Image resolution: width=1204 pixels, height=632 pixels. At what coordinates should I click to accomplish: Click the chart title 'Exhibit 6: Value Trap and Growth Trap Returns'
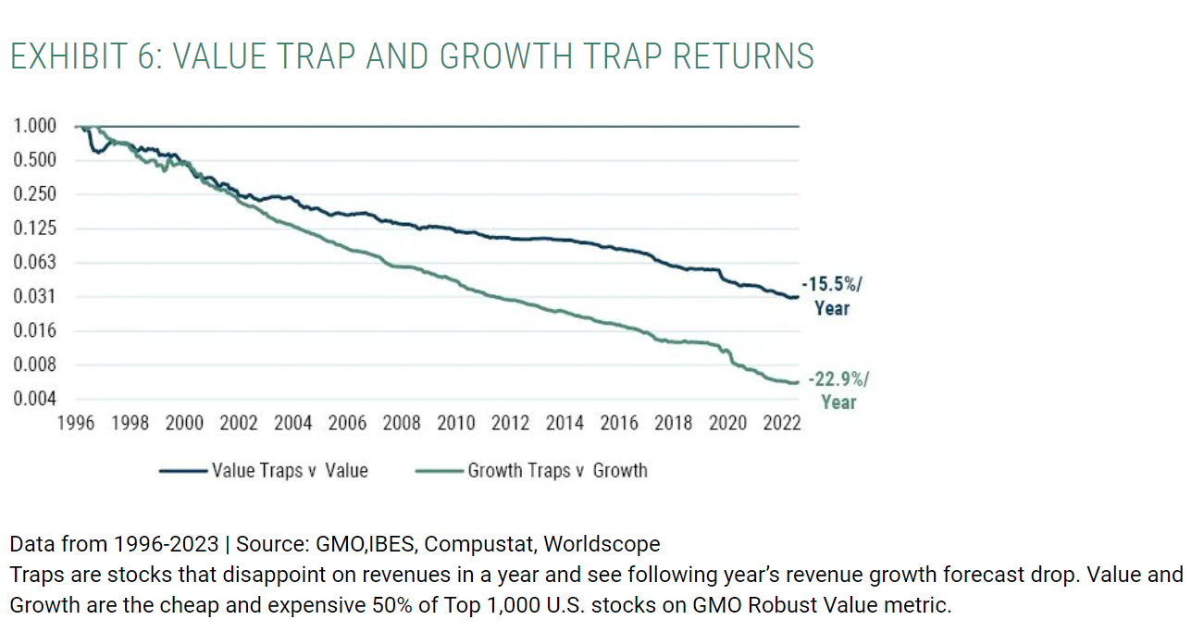[412, 56]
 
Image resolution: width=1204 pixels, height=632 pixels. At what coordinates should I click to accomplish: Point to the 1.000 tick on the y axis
[34, 126]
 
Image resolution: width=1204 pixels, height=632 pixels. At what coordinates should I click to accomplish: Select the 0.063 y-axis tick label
[34, 263]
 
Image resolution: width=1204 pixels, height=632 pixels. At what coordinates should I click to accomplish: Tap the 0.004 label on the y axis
[34, 399]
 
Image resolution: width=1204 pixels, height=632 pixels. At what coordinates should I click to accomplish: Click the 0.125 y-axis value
[34, 229]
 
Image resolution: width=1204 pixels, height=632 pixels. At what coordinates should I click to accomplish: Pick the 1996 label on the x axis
[76, 424]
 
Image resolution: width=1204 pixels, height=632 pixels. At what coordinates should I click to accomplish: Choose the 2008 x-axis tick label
[402, 424]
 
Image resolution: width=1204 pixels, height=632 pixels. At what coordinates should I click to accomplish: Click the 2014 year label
[565, 424]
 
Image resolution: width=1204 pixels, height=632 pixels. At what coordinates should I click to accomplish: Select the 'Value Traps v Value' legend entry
[290, 471]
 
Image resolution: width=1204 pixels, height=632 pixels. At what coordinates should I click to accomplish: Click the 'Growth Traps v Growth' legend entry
[557, 471]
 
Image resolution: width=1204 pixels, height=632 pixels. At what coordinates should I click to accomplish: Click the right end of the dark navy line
[797, 297]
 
